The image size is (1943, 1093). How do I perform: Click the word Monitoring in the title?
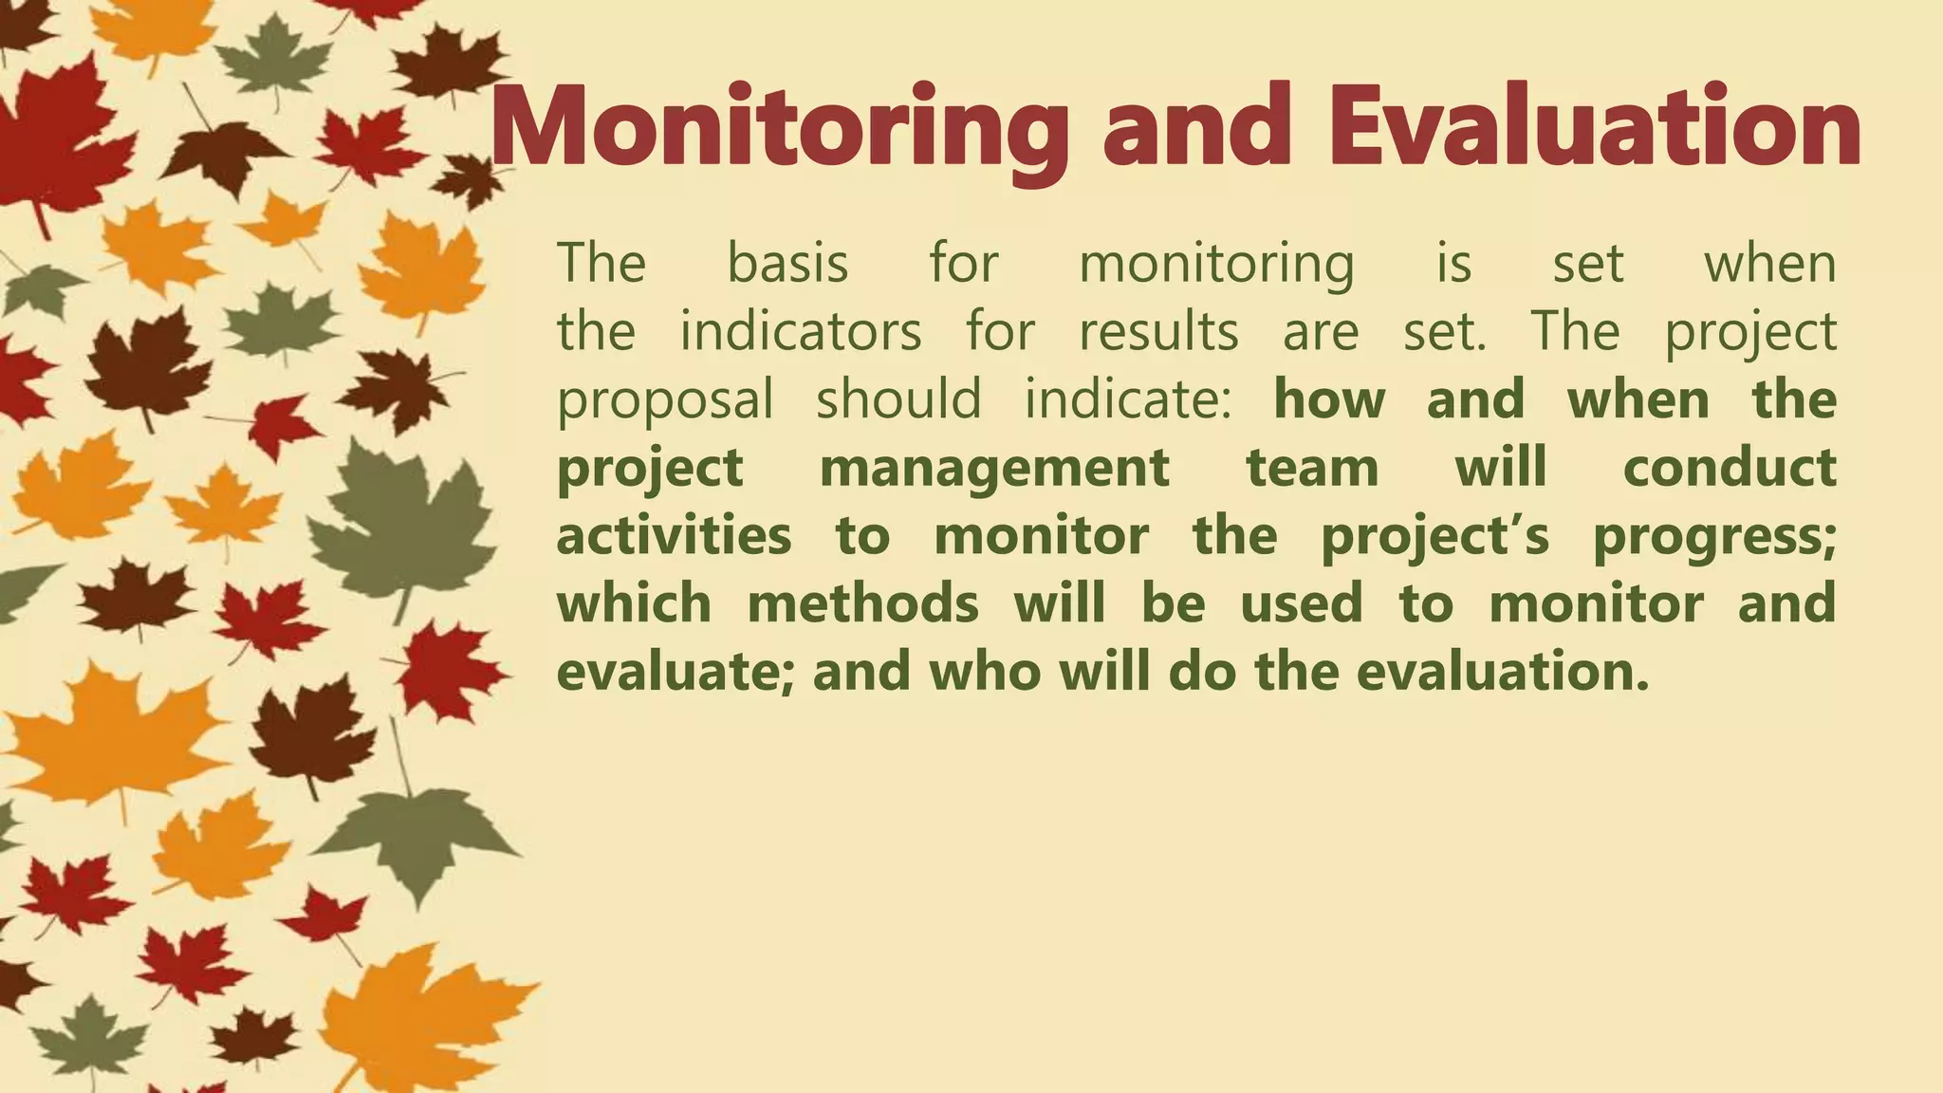pos(778,128)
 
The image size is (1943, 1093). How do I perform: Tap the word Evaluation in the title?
pos(1594,128)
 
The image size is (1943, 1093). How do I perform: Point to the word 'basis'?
pos(787,264)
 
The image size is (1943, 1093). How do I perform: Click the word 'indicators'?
pos(801,332)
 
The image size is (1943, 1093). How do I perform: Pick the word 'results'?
pos(1158,332)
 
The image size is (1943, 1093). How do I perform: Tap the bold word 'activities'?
pos(674,536)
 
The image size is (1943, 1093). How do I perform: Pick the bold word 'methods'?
pos(862,604)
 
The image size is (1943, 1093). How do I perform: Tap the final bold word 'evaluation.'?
pos(1504,672)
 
